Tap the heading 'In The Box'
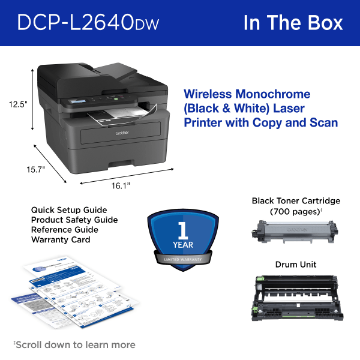tap(293, 22)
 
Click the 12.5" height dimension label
tap(18, 104)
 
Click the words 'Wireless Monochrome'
tap(247, 94)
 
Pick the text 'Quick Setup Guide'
tap(69, 210)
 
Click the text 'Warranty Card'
tap(61, 239)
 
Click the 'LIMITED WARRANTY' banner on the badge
tap(181, 259)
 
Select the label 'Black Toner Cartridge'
tap(296, 200)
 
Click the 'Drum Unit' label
tap(296, 264)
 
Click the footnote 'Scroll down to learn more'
tap(75, 344)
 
